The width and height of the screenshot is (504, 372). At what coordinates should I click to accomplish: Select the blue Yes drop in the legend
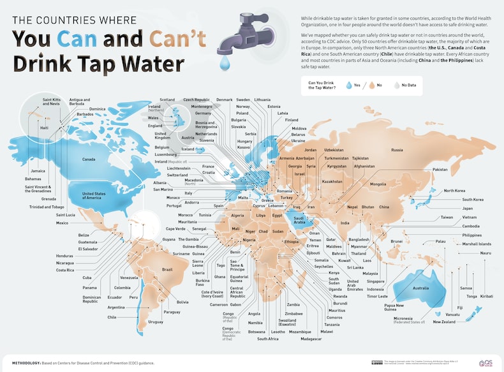tap(348, 84)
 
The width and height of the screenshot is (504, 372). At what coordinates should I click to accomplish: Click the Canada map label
tap(89, 160)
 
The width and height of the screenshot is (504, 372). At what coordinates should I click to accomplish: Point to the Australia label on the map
tap(420, 288)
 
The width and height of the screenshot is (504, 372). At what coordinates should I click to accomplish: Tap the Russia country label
tap(397, 150)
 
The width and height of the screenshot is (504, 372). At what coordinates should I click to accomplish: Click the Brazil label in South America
tap(167, 270)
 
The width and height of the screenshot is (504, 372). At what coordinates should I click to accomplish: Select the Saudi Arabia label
tap(301, 219)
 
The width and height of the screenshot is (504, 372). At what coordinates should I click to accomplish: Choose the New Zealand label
tap(444, 322)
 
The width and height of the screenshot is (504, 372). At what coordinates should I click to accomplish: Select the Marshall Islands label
tap(477, 244)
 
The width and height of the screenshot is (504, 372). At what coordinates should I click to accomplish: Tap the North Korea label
tap(454, 191)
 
